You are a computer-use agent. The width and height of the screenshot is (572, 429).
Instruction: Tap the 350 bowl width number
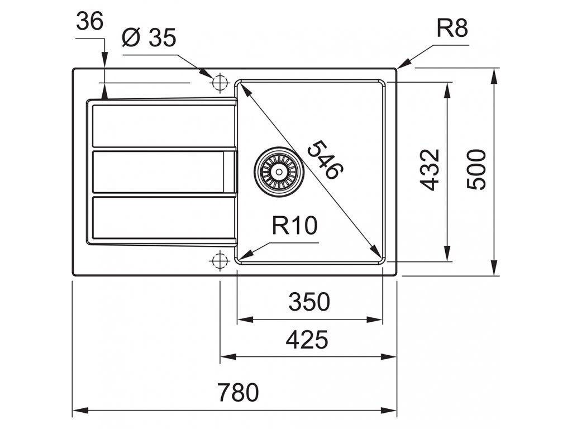[x=309, y=302]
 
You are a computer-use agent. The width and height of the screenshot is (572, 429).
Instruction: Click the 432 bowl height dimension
[x=430, y=170]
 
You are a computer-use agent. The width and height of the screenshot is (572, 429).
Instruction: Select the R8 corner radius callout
[x=451, y=28]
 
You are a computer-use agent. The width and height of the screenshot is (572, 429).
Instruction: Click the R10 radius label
[x=294, y=226]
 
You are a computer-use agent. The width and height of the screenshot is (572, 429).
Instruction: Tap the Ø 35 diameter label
[x=149, y=39]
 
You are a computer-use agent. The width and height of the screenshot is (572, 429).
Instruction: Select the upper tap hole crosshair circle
[x=220, y=82]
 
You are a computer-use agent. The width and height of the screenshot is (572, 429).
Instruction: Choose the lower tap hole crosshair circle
[x=220, y=260]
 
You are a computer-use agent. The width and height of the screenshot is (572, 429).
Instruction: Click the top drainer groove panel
[x=162, y=125]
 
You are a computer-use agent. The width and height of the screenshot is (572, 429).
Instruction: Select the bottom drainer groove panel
[x=162, y=218]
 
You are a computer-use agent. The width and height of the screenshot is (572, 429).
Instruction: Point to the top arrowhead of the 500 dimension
[x=495, y=75]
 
